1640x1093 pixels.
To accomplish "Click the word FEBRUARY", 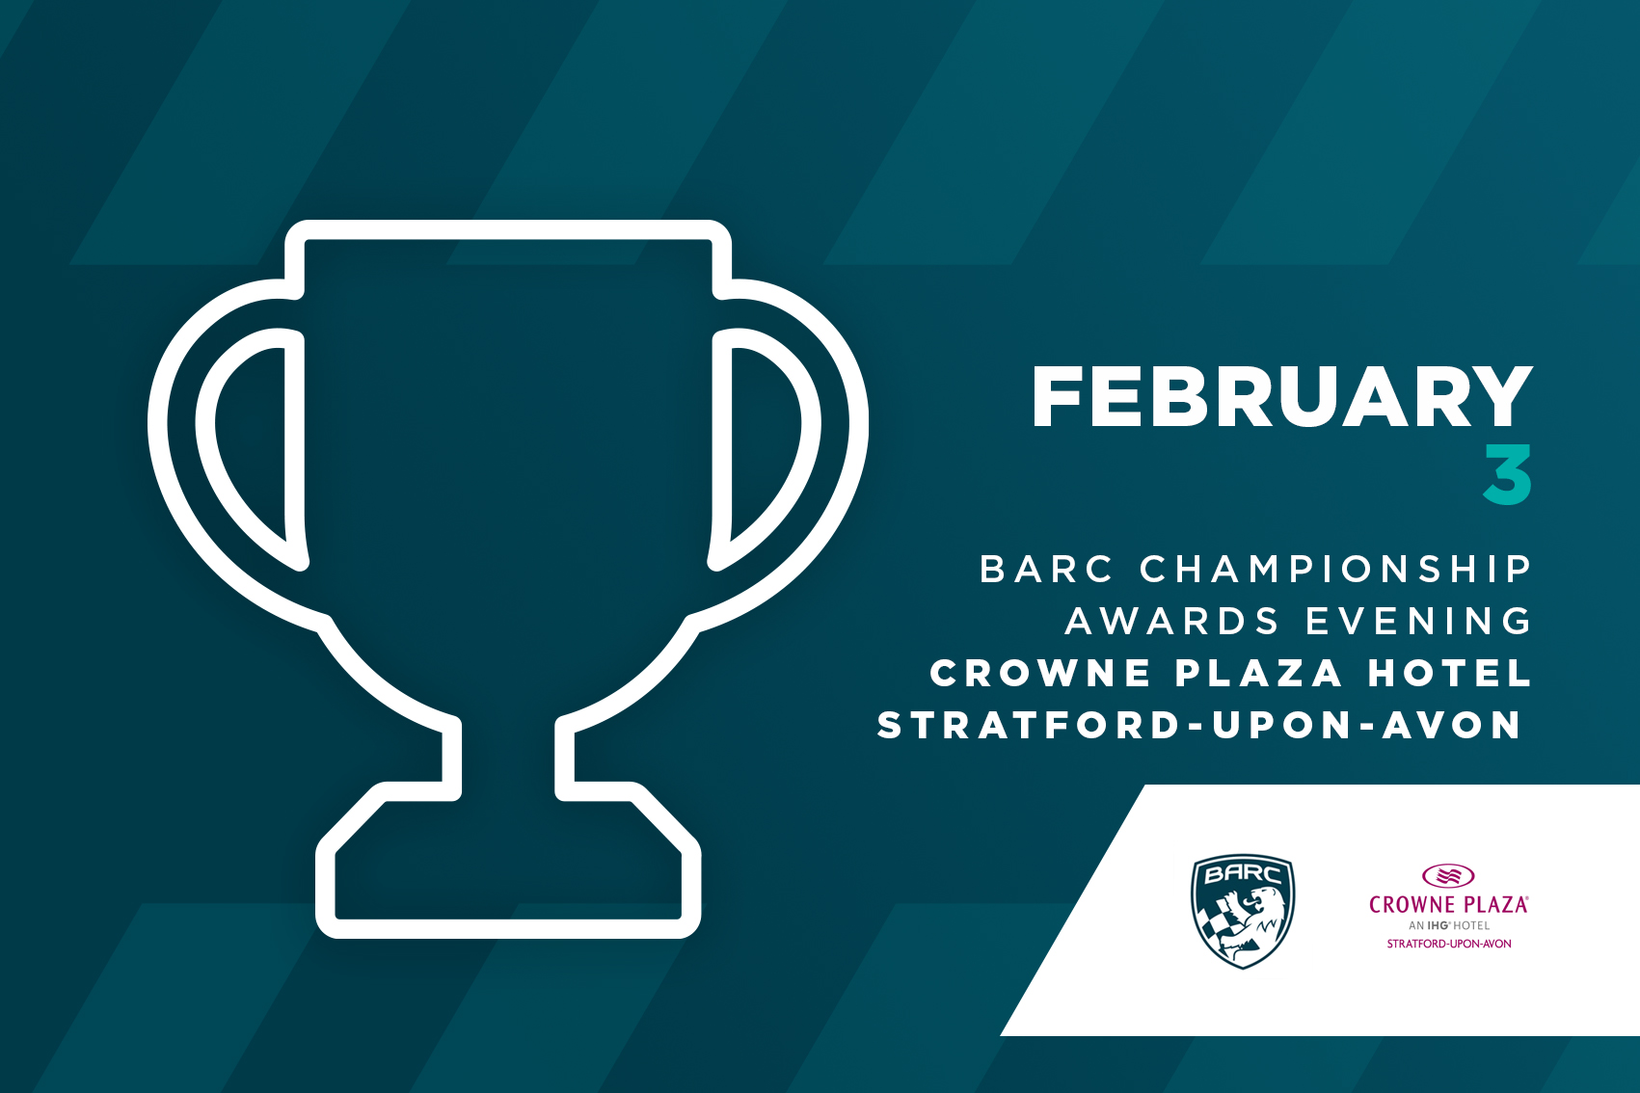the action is pos(1281,396).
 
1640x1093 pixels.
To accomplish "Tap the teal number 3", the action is pos(1508,473).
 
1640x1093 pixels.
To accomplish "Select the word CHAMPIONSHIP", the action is pos(1335,570).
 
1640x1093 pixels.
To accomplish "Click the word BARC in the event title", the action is pos(1046,570).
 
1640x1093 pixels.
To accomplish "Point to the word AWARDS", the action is pos(1171,622).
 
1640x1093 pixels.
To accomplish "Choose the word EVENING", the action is pos(1419,622).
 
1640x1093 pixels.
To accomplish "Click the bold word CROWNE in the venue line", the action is pos(1039,674).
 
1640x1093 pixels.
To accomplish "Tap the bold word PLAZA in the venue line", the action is pos(1258,674).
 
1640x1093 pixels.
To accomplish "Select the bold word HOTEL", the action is pos(1450,674).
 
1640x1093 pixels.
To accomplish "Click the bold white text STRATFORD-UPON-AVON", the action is pos(1199,726).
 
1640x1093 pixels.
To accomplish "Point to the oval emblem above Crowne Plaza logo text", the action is pos(1448,875).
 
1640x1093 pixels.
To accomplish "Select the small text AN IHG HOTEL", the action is pos(1449,926).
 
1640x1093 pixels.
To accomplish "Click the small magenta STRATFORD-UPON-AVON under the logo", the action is pos(1449,945).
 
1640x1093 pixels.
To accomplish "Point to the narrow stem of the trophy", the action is pos(508,758).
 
